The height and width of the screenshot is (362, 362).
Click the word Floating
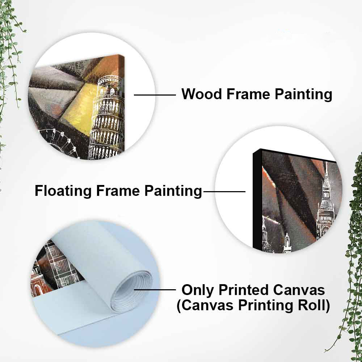[x=63, y=191]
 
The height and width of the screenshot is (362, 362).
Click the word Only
[x=198, y=290]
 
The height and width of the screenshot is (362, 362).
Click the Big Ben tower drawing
[x=326, y=201]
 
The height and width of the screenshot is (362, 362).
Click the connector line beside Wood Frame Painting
[x=155, y=94]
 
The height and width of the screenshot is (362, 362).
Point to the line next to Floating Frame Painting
[x=224, y=191]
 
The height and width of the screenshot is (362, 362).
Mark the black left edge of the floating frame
[x=257, y=201]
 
